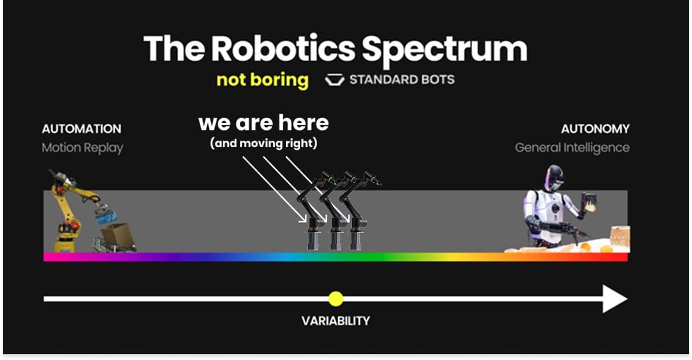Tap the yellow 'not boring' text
pos(262,80)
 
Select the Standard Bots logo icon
pos(334,80)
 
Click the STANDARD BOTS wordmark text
pos(402,80)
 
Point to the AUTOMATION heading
pos(81,129)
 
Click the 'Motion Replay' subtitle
pos(82,148)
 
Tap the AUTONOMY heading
pos(595,129)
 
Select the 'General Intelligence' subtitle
pos(572,148)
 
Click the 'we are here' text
pos(264,122)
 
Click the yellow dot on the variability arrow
pos(336,299)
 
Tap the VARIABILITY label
pos(336,321)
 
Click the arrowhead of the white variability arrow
pos(615,299)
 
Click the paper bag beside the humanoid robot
pos(619,238)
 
